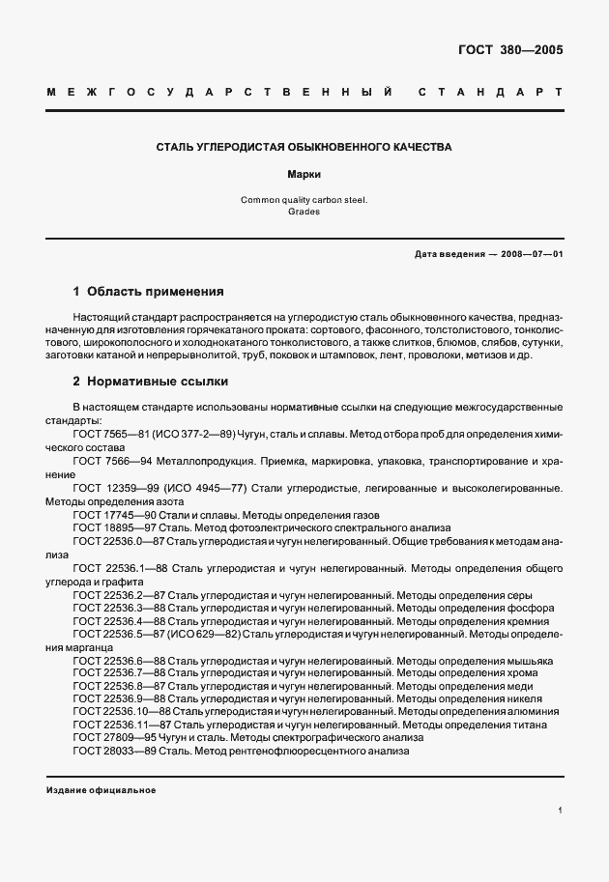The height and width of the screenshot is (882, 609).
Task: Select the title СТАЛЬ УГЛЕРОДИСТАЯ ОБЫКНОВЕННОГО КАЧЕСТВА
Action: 304,148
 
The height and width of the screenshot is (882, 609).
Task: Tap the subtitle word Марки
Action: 304,176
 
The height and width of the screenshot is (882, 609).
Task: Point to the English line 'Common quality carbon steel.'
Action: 304,199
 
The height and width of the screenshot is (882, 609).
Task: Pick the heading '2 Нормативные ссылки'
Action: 150,382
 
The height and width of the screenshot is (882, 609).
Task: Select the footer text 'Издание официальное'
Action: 101,790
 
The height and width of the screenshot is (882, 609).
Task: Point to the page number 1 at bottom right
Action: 560,811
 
